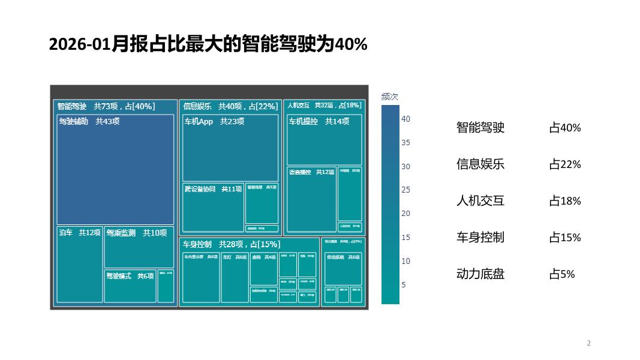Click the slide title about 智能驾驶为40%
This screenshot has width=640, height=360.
[208, 44]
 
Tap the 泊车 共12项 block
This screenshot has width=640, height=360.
[79, 264]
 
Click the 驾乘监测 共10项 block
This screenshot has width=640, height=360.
[139, 247]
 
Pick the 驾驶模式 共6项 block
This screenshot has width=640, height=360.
[130, 286]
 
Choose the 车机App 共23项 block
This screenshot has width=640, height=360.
[230, 148]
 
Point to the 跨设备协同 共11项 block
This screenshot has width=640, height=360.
[213, 208]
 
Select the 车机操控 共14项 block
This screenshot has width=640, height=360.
[324, 139]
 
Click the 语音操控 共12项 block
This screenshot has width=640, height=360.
[311, 199]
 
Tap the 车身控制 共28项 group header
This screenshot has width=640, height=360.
[231, 244]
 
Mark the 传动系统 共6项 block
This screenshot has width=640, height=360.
[343, 268]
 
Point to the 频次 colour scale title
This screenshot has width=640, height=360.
[390, 97]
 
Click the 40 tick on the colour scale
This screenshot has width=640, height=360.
[406, 119]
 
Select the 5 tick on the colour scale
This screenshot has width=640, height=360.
[404, 284]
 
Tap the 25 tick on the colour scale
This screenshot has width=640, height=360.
[406, 190]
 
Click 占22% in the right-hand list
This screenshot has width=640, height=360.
[565, 164]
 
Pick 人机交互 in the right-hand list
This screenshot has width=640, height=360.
[480, 201]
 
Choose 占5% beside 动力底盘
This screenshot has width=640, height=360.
[562, 274]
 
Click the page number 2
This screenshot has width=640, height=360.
[588, 343]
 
